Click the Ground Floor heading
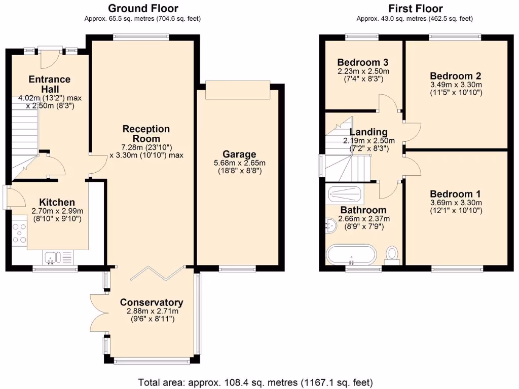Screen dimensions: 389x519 [x=143, y=8]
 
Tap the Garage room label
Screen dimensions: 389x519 [x=239, y=154]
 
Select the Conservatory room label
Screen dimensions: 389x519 [x=151, y=302]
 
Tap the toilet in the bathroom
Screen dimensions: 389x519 [x=392, y=254]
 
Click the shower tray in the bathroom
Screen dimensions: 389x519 [x=345, y=192]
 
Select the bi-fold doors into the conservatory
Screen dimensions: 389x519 [x=157, y=272]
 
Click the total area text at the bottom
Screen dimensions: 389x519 [x=256, y=381]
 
